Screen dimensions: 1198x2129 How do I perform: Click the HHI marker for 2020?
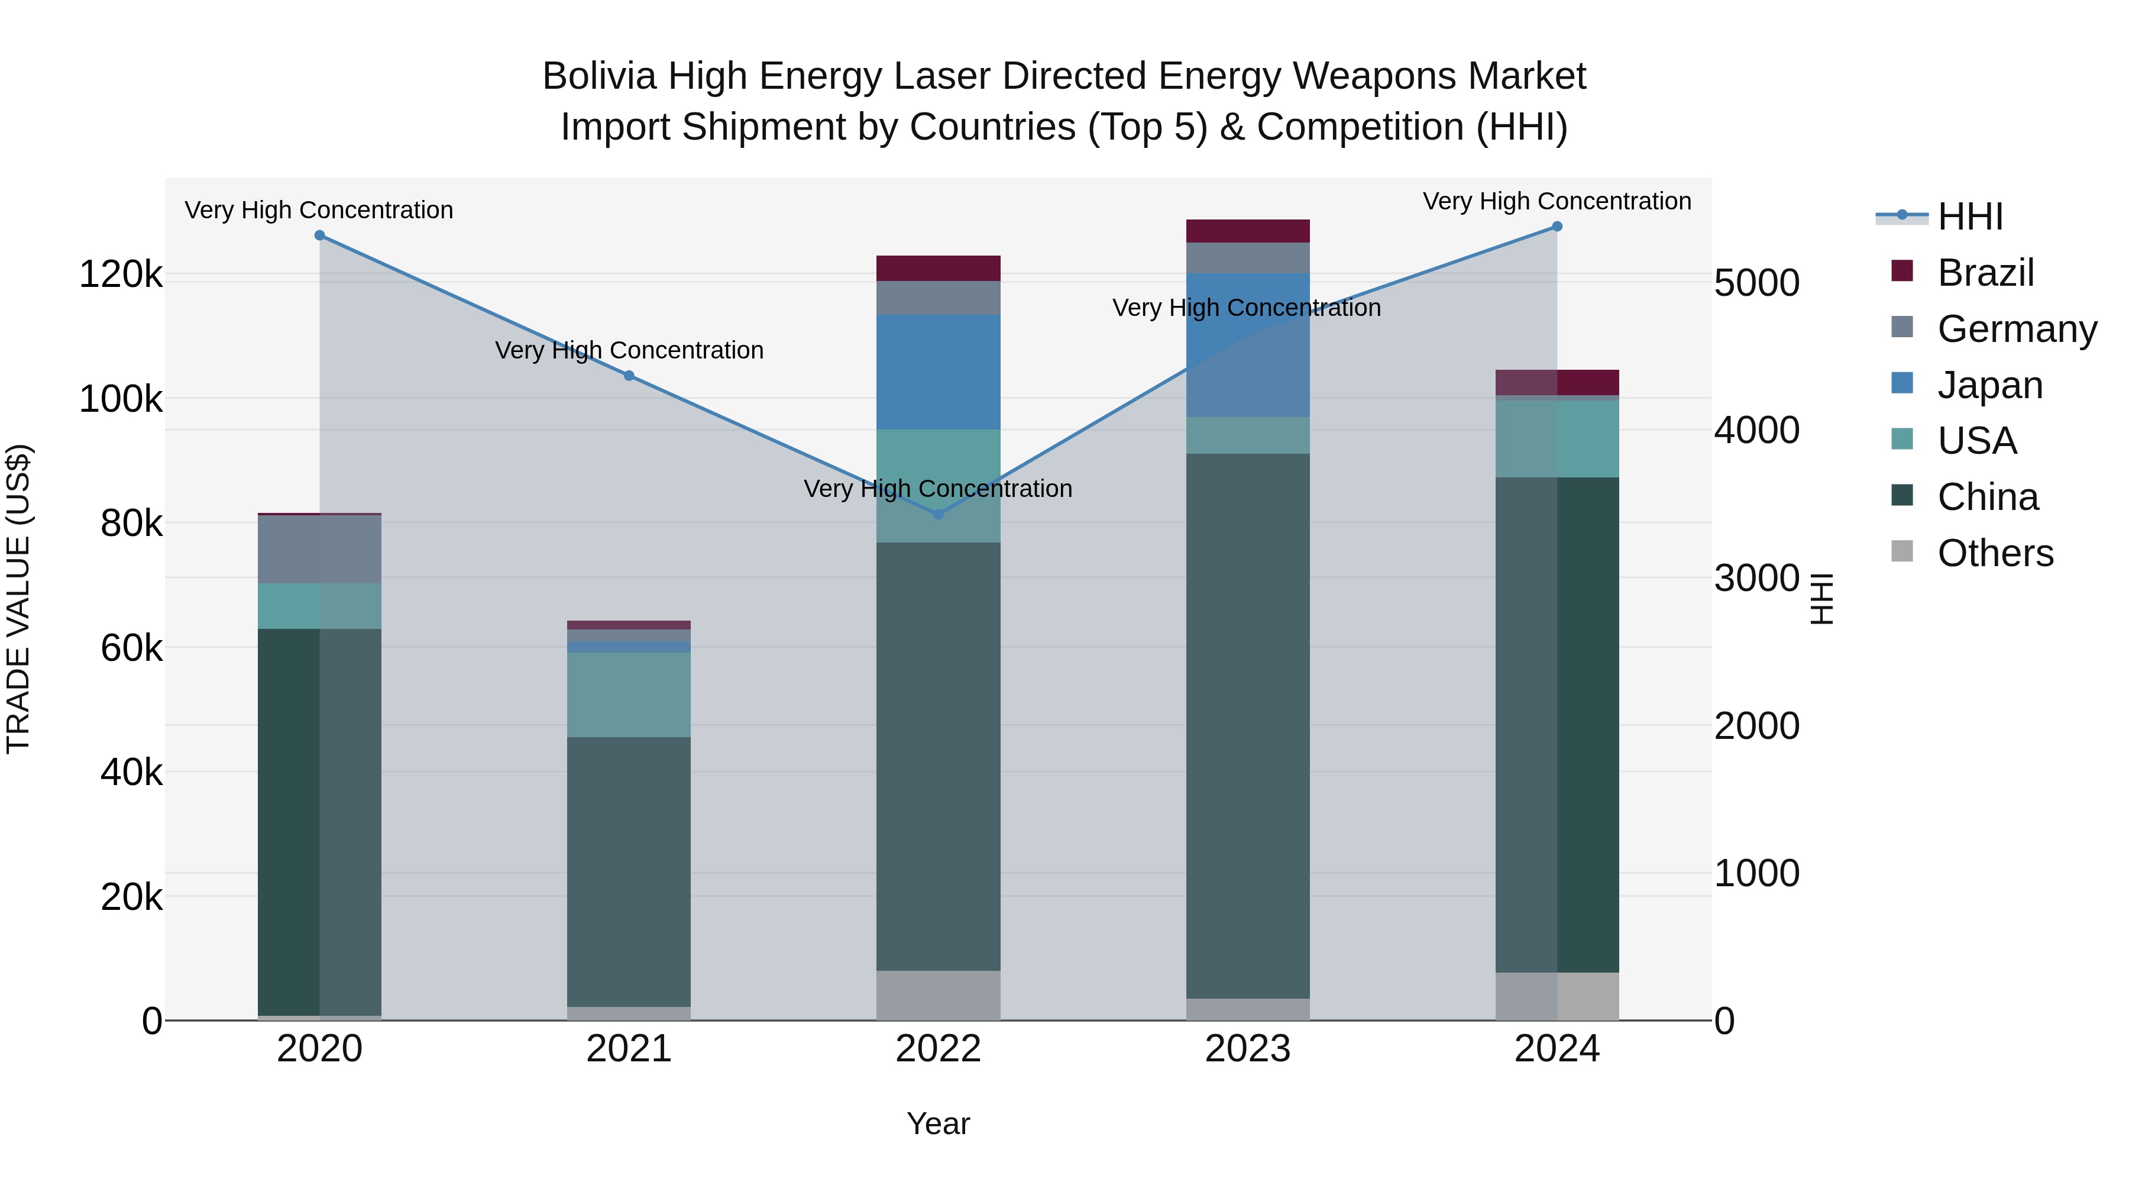coord(320,235)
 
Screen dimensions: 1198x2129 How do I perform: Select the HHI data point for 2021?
coord(629,376)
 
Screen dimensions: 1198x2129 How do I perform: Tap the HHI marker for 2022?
coord(938,514)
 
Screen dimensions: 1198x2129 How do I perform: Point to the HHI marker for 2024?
coord(1557,227)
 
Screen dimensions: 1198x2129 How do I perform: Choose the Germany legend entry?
coord(2017,329)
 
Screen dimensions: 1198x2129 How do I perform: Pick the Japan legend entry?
coord(1989,385)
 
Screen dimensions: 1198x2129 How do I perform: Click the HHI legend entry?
coord(1969,217)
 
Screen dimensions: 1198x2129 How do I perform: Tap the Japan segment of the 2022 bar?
coord(938,372)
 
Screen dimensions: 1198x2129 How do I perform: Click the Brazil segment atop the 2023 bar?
coord(1248,231)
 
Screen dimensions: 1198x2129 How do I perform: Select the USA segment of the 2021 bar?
coord(629,695)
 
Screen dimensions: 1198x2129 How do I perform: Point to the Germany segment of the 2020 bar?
coord(320,549)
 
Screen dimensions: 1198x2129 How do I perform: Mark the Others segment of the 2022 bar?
coord(938,996)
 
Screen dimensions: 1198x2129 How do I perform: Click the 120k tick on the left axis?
coord(121,275)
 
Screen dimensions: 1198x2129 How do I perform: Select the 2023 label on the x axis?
coord(1248,1049)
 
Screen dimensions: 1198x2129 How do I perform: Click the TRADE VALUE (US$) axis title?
coord(18,599)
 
